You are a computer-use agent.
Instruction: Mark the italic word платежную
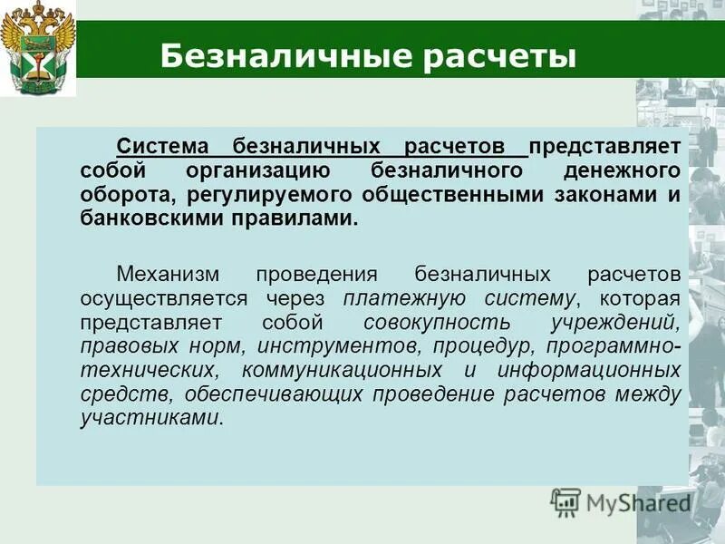click(390, 297)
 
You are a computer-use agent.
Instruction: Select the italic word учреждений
click(624, 322)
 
